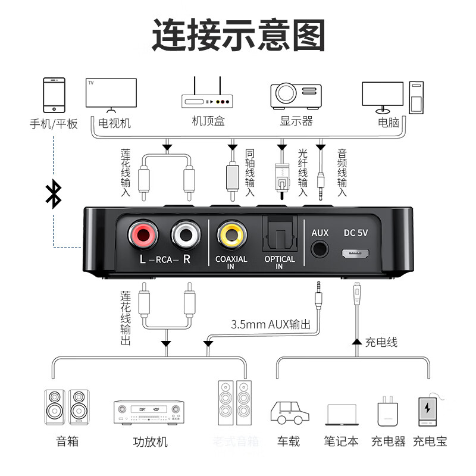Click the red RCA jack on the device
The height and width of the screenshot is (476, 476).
[142, 235]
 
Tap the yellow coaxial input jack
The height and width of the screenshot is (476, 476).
[231, 235]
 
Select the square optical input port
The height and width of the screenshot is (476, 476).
[279, 234]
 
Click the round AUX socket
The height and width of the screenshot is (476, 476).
[320, 249]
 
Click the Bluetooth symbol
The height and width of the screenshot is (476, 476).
[54, 195]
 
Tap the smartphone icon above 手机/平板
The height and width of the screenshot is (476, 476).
[54, 94]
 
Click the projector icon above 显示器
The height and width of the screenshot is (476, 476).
[296, 95]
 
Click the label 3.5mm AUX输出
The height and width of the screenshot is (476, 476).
[271, 324]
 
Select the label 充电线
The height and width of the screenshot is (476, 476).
[381, 342]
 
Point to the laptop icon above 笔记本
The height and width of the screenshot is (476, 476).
[342, 414]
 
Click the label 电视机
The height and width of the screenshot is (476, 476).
[114, 123]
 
